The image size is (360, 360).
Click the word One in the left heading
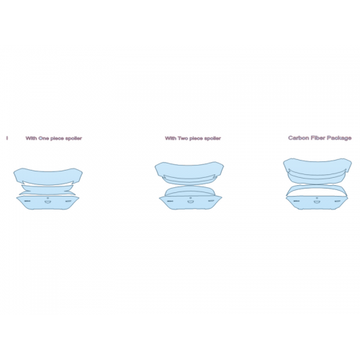[x=44, y=138]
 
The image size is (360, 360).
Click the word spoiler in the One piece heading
[x=73, y=138]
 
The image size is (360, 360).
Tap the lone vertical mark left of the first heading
[x=7, y=138]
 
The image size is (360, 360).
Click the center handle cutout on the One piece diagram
[x=48, y=202]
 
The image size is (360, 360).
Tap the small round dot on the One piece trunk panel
[x=48, y=198]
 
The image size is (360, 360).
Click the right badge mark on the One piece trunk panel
[x=68, y=201]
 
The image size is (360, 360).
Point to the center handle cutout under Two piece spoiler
[x=191, y=202]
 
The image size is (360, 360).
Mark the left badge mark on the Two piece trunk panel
[x=170, y=201]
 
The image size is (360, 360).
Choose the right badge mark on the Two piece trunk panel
[x=211, y=201]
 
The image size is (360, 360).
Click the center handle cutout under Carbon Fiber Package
[x=317, y=202]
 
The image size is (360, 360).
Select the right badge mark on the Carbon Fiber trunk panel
[x=337, y=201]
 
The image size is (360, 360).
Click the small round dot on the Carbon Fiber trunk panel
[x=317, y=198]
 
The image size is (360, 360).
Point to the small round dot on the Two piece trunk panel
[x=191, y=198]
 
